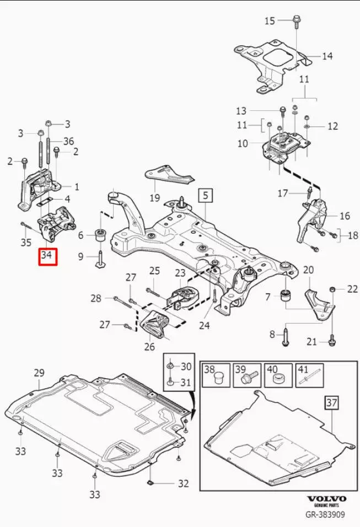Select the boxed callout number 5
(205, 195)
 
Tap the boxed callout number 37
(330, 404)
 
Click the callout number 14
(327, 56)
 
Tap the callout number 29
(39, 373)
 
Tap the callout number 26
(149, 347)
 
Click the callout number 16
(345, 216)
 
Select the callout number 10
(243, 143)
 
